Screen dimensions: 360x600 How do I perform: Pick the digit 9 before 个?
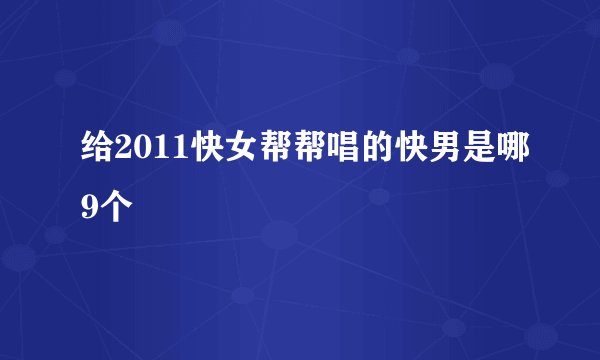point(89,209)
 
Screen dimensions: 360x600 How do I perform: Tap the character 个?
point(114,209)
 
